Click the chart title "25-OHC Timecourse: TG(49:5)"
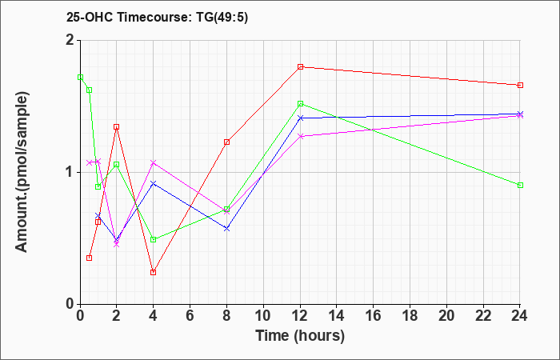pos(157,18)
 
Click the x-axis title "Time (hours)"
pos(300,336)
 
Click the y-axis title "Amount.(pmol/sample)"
pos(22,172)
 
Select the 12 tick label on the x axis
pos(300,316)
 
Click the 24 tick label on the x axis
pos(520,316)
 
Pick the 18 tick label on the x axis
pos(410,316)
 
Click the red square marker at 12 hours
pos(300,66)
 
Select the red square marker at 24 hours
pos(520,85)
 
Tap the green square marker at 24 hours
pos(520,185)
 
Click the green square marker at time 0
pos(80,77)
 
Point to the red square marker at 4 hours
pos(154,272)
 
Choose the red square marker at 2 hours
pos(117,126)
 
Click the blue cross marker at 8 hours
pos(226,228)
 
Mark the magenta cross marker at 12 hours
pos(300,136)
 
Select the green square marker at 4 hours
pos(154,239)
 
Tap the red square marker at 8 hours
pos(226,142)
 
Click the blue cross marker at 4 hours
pos(154,183)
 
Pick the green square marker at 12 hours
pos(300,104)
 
